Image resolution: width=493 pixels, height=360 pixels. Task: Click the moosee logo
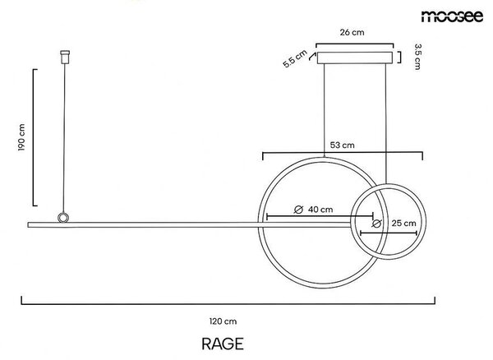click(x=452, y=16)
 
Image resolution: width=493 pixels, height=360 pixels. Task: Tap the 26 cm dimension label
click(x=352, y=32)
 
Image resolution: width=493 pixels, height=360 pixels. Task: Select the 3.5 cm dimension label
click(x=417, y=57)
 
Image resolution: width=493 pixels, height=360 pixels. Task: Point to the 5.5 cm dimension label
click(x=295, y=59)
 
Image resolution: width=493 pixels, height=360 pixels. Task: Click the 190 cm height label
click(x=21, y=137)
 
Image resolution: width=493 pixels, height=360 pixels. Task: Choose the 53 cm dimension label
click(x=342, y=145)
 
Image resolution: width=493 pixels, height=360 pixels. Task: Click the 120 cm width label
click(x=223, y=321)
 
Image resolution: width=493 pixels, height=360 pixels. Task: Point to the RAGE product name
click(x=223, y=344)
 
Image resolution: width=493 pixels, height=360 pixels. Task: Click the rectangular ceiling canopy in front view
click(x=355, y=58)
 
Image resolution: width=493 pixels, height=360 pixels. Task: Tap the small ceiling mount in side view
click(x=65, y=57)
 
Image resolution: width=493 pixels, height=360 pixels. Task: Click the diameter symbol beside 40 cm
click(x=298, y=210)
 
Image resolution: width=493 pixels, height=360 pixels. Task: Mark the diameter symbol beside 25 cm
click(x=376, y=224)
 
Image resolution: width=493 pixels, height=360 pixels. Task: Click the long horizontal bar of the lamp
click(x=189, y=225)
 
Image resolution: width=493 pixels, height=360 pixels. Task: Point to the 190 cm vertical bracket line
click(x=34, y=137)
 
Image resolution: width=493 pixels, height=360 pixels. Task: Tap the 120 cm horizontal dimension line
click(x=228, y=304)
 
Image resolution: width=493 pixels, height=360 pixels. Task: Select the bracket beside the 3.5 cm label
click(x=399, y=58)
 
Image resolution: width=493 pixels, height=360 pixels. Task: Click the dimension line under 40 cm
click(x=320, y=216)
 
